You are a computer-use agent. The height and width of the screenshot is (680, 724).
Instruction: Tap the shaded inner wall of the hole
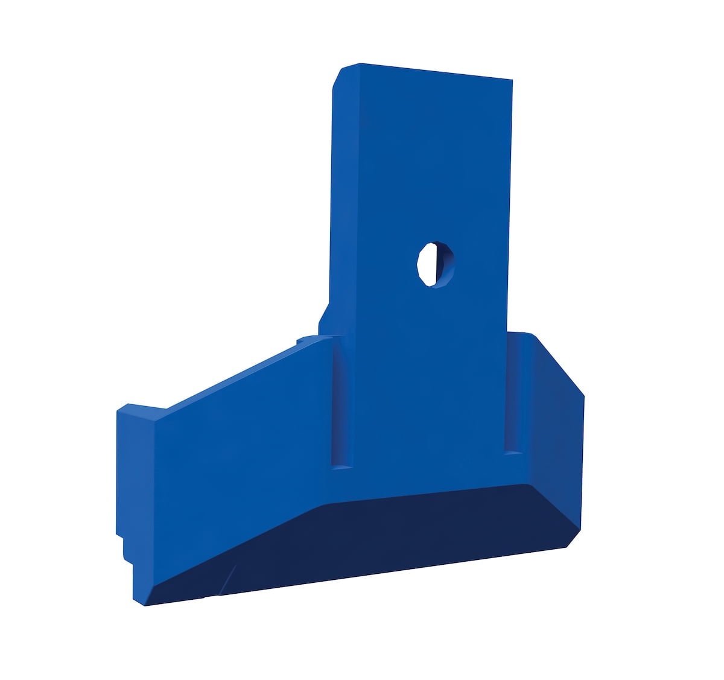tap(446, 265)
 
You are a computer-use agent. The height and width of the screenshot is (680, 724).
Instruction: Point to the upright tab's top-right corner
tap(512, 80)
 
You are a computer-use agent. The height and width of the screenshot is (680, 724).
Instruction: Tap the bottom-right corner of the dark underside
tap(567, 547)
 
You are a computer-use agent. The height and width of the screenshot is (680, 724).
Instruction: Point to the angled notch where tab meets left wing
tap(323, 317)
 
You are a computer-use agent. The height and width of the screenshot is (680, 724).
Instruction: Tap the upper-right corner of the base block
tap(531, 334)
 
